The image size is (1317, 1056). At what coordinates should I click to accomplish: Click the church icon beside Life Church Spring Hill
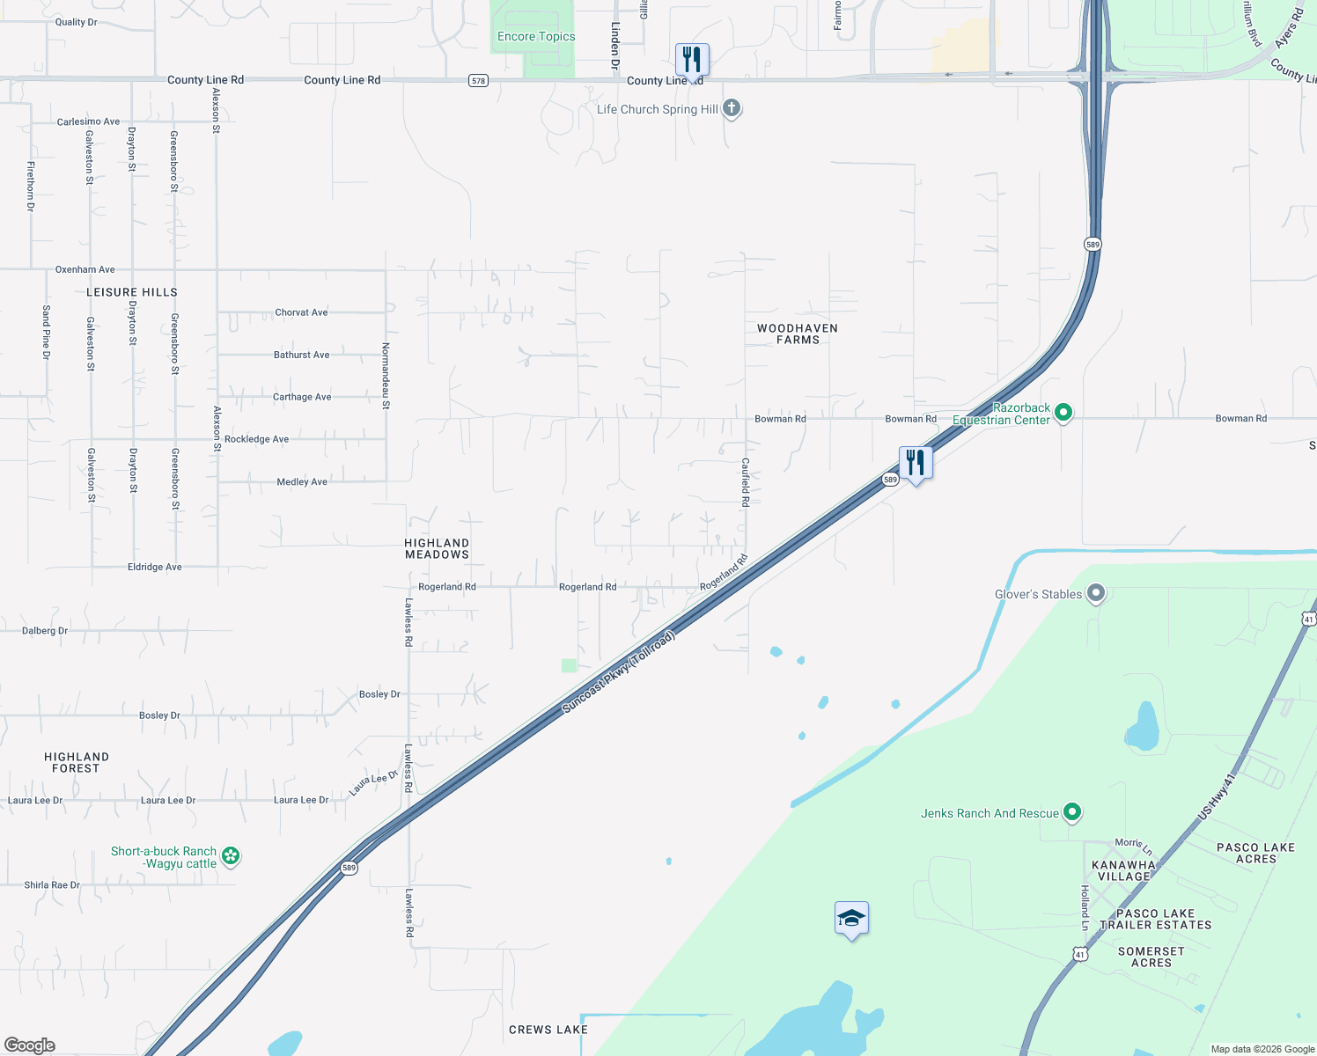[731, 108]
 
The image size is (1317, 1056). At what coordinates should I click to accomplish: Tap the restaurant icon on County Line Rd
[692, 59]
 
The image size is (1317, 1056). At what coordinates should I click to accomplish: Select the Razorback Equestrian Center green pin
[1063, 412]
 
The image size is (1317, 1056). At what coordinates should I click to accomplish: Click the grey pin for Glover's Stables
[1096, 593]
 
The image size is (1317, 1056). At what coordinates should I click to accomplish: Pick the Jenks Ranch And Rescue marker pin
[1072, 812]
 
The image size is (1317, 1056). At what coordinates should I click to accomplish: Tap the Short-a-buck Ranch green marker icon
[231, 855]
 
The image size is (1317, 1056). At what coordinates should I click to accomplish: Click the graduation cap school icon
[851, 920]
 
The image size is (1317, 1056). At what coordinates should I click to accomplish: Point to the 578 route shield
[478, 81]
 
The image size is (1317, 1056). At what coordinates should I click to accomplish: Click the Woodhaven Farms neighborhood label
[798, 334]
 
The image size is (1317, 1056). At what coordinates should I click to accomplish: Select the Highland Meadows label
[437, 549]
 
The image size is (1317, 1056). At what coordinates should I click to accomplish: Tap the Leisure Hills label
[132, 292]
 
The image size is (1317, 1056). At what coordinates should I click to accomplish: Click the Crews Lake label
[548, 1030]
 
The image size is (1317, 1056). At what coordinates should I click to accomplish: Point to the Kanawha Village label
[1123, 870]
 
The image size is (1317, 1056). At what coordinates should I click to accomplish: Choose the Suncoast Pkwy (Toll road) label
[618, 671]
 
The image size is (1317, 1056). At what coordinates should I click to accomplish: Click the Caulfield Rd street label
[745, 482]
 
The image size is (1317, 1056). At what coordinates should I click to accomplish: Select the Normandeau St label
[386, 376]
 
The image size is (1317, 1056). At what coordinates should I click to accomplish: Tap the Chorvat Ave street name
[301, 312]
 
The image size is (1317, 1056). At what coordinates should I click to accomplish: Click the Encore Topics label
[536, 37]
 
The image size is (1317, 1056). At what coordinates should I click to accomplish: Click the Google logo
[30, 1045]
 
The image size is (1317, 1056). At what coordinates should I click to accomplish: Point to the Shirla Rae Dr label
[52, 885]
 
